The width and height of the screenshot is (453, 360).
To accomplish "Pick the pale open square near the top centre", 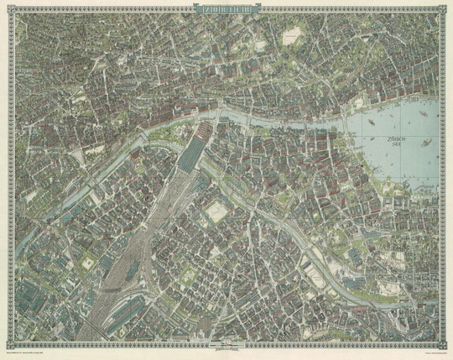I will coord(292,37).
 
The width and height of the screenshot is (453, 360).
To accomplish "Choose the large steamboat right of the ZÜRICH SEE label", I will coord(426,144).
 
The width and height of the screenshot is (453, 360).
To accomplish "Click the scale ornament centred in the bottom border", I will coord(226,346).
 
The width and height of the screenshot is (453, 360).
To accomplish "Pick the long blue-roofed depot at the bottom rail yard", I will coord(101,323).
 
